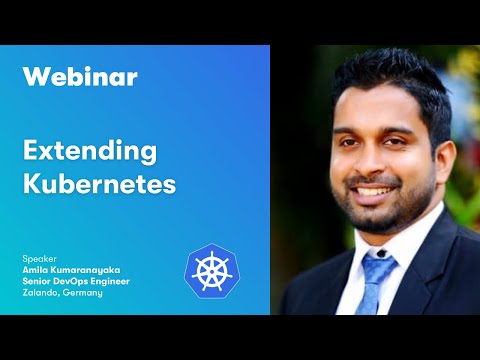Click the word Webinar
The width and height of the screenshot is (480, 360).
(x=79, y=76)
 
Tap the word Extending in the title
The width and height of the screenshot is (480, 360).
(x=90, y=151)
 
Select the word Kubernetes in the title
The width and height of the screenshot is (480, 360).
(x=99, y=186)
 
